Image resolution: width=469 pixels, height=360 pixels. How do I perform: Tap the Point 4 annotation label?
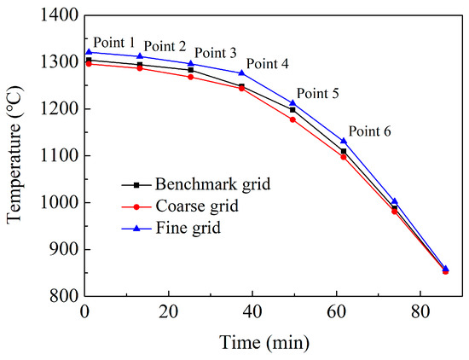pos(268,64)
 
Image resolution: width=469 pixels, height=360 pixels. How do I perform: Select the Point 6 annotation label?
pos(369,131)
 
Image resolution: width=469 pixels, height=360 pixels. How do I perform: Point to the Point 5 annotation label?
pos(317,94)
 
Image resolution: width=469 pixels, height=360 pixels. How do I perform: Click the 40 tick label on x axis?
pos(252,313)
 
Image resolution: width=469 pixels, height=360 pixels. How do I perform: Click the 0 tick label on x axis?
pos(84,313)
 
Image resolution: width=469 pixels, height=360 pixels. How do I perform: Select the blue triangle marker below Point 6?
pos(344,141)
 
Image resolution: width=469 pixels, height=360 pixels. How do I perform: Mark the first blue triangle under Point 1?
pos(89,52)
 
